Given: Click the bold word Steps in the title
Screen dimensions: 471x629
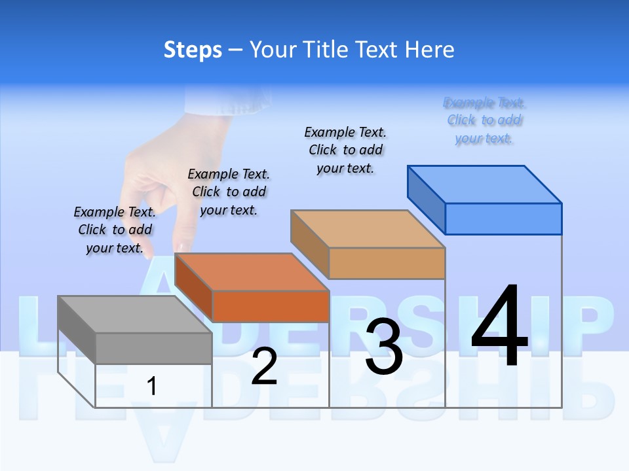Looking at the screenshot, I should click(x=193, y=50).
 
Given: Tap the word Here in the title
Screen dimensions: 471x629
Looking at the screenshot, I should click(x=429, y=50).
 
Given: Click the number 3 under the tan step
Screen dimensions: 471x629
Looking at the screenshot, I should click(x=384, y=347).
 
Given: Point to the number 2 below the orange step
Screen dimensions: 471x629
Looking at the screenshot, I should click(x=264, y=366).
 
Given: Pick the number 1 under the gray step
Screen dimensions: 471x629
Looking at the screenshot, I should click(x=152, y=387).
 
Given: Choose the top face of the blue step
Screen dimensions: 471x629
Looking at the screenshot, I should click(x=484, y=184).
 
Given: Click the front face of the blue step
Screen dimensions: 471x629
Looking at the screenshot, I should click(x=503, y=218).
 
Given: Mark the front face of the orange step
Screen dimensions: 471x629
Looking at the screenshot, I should click(x=271, y=306).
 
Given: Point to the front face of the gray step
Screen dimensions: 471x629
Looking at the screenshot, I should click(x=153, y=348).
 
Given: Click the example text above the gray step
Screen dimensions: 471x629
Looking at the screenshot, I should click(x=115, y=230).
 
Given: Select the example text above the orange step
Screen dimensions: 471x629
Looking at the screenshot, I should click(x=229, y=192).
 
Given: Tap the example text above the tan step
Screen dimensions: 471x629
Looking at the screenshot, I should click(x=345, y=150).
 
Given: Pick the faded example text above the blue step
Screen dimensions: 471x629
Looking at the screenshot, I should click(x=484, y=120).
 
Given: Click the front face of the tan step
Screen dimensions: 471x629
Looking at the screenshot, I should click(x=387, y=263).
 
